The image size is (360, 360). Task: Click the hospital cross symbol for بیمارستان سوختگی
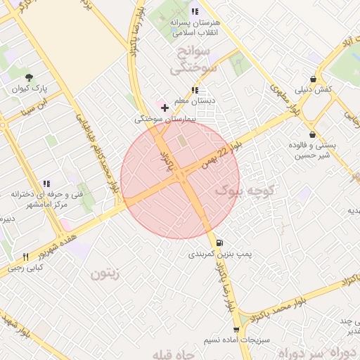point(165,108)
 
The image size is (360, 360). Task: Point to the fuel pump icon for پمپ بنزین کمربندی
point(221,240)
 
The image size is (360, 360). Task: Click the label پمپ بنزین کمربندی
point(216,253)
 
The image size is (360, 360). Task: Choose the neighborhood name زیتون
point(105,274)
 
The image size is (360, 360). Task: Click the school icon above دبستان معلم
point(195,90)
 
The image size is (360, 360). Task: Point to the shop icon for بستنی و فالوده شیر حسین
point(312,134)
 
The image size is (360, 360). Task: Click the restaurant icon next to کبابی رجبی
point(26,257)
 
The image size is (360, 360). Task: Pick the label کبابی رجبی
point(25,268)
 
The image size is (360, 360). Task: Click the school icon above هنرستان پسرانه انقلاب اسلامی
point(195,11)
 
